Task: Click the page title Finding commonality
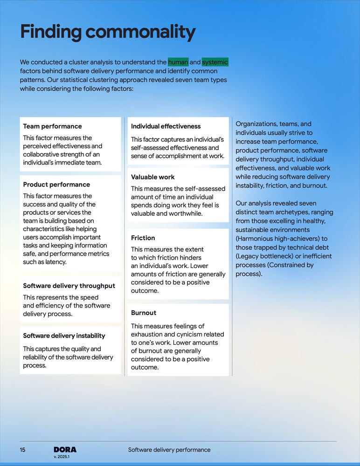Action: (108, 32)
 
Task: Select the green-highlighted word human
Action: (178, 62)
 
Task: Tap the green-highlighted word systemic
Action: (215, 62)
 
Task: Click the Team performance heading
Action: (52, 126)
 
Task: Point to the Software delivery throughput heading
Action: (69, 286)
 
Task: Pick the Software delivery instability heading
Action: (64, 336)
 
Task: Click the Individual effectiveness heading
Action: (166, 126)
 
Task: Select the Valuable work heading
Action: (153, 177)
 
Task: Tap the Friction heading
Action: (143, 238)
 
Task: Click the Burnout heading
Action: (144, 313)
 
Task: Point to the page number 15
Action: (22, 450)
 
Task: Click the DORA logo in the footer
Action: (65, 450)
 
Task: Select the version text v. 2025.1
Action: (62, 457)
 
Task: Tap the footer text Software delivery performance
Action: (169, 450)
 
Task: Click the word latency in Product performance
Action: (55, 262)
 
